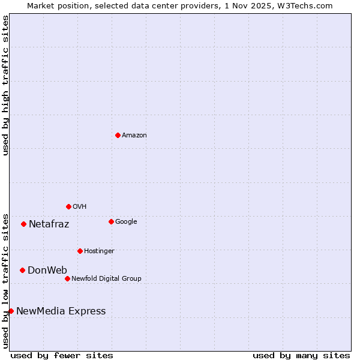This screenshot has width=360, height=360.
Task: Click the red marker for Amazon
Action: tap(118, 135)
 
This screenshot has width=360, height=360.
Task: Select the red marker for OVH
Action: tap(68, 206)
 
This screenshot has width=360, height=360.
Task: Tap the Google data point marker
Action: tap(111, 221)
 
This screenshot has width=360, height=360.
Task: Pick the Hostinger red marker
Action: tap(80, 251)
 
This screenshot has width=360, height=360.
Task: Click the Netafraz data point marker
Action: tap(23, 224)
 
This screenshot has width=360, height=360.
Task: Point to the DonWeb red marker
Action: tap(22, 270)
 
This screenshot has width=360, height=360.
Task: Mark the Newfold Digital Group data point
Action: tap(67, 278)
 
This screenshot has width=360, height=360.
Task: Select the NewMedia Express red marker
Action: tap(11, 311)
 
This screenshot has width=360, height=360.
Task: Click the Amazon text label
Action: tap(134, 135)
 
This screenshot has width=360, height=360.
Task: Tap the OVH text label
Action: tap(80, 206)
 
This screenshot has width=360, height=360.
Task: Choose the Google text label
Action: tap(126, 221)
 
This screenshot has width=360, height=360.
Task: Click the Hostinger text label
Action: tap(99, 251)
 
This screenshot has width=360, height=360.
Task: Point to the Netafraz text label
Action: tap(49, 224)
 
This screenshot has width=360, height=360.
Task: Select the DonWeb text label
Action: tap(47, 270)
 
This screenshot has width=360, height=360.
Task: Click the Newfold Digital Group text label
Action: tap(106, 278)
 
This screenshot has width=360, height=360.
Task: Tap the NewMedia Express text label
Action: tap(61, 311)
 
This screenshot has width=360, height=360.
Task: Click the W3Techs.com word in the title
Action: tap(310, 5)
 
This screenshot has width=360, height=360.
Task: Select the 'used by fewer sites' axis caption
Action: tap(62, 355)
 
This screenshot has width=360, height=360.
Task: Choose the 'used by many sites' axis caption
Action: tap(301, 355)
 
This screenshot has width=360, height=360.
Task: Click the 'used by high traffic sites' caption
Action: tap(5, 85)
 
